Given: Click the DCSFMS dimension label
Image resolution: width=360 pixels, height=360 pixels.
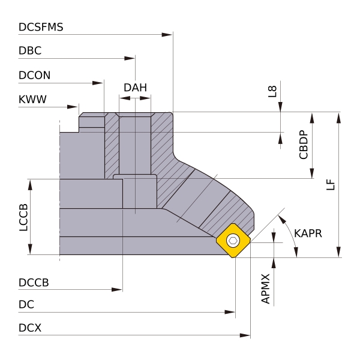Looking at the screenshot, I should coord(41,27).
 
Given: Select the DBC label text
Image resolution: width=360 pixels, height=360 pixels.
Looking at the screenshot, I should coord(30,51).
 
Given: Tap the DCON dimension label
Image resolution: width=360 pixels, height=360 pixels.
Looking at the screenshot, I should coord(35,76).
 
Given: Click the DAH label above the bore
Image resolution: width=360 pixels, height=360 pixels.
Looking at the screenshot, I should coord(135,88).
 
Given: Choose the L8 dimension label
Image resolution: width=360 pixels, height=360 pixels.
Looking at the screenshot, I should coord(272,91).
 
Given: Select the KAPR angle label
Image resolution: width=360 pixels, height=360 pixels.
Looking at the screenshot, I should coord(308,233).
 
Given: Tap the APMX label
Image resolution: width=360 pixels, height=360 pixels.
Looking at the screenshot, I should coord(266,289).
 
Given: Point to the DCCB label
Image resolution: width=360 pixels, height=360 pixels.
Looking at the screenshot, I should coord(34,282).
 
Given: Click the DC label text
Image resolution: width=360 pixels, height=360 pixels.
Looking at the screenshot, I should coord(26,305).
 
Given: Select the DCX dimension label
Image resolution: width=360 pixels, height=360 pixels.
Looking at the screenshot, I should coord(30,328).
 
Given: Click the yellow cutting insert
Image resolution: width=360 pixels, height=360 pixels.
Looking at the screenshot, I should coord(233,241).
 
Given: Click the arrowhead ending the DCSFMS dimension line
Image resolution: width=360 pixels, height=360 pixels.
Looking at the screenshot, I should coord(168,35).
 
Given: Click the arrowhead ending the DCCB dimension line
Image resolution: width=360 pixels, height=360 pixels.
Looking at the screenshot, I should coord(118,290).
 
